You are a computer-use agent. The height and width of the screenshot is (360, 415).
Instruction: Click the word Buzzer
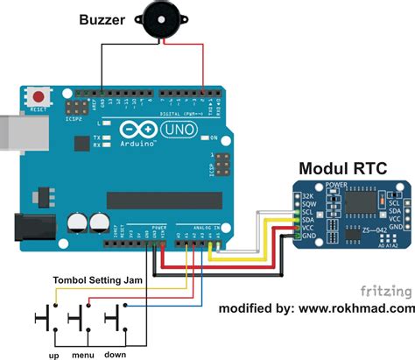pos(107,19)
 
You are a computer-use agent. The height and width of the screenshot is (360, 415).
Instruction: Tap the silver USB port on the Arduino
pos(13,131)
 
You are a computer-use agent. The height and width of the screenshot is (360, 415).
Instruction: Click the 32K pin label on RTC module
pos(308,195)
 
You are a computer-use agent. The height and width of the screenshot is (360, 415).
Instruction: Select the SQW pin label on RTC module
pos(308,204)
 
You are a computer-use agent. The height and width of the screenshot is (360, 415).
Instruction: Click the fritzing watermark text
pos(384,290)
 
